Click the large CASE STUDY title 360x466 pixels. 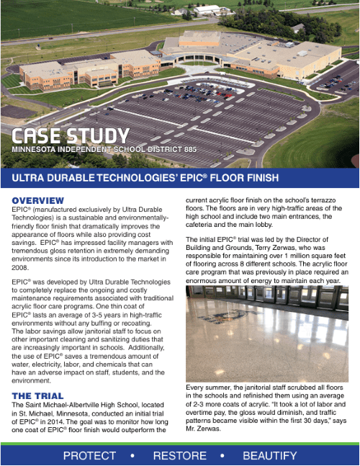tap(70, 135)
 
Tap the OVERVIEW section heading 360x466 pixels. tap(37, 200)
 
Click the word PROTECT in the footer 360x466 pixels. tap(89, 455)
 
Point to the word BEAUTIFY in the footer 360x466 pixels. tap(270, 455)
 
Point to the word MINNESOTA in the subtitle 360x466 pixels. tap(37, 149)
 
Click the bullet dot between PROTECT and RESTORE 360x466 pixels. tap(132, 455)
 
